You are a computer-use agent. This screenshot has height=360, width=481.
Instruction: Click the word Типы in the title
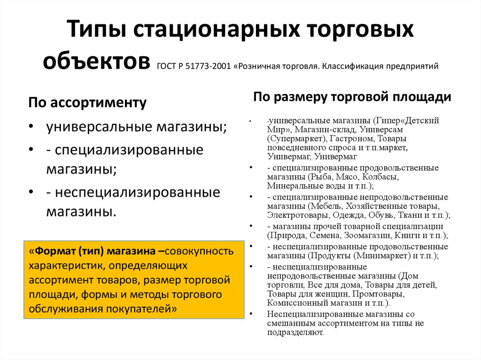click(x=96, y=29)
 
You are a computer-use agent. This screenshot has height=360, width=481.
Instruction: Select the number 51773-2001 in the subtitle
click(x=208, y=66)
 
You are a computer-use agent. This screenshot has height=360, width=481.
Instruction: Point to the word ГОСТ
click(x=167, y=66)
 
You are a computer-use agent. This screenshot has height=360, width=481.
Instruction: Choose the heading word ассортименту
click(x=98, y=103)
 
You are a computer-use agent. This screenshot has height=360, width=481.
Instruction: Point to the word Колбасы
click(x=380, y=177)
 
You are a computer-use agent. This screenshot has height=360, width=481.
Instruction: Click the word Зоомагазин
click(x=368, y=236)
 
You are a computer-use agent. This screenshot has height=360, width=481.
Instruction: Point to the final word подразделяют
click(x=295, y=332)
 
